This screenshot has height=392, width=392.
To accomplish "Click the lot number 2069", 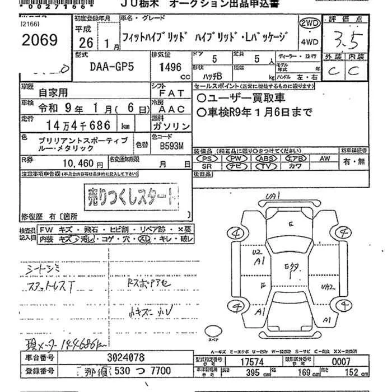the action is click(x=38, y=40).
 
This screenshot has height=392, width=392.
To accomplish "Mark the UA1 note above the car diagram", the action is click(x=273, y=196).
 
